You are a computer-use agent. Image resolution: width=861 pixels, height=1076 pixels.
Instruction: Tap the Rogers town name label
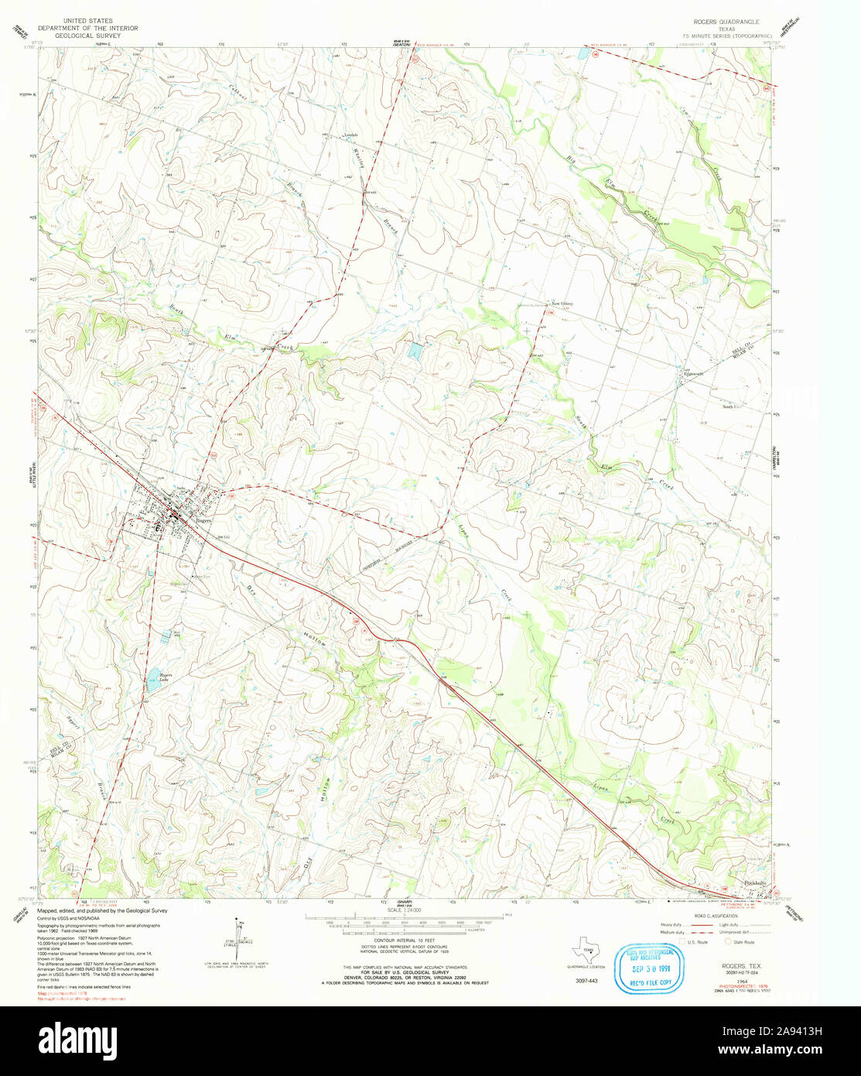[203, 521]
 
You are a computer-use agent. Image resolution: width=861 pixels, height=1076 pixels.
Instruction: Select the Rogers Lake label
[165, 677]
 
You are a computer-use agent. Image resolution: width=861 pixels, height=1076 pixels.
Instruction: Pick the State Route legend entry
[741, 942]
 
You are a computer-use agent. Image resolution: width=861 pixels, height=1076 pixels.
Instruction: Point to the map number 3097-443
[586, 980]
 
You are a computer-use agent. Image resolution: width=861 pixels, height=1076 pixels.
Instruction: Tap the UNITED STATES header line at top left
[87, 21]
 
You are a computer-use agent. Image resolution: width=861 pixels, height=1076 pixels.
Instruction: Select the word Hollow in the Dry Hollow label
[319, 636]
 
